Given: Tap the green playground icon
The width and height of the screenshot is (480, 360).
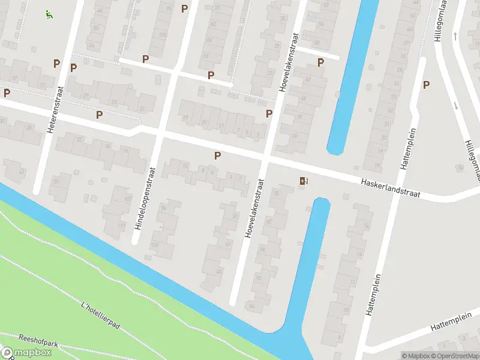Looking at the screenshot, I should point(48,14).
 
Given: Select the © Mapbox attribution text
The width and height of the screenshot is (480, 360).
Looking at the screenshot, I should point(414,356).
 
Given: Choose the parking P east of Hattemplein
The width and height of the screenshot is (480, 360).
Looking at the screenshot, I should point(426,85).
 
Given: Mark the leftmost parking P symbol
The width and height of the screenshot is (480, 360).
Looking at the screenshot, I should point(7,93).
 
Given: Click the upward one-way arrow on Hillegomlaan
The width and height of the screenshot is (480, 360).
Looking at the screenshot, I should point(455,37).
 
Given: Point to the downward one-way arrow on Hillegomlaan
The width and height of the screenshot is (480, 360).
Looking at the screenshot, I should point(456,106).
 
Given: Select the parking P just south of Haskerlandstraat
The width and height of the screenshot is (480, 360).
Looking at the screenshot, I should point(217,155).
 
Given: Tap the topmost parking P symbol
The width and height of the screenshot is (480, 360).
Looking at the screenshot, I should point(184,8).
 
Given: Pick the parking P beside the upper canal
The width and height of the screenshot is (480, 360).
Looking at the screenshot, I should point(320,62).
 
